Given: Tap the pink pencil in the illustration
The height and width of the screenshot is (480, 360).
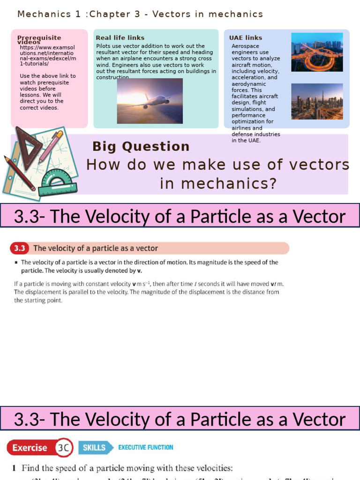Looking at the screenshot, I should (x=51, y=146).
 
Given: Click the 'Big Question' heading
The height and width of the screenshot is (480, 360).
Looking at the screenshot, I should (x=141, y=147).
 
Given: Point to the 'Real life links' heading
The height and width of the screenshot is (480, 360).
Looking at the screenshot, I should (x=120, y=38).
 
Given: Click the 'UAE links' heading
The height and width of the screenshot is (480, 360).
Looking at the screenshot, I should (x=246, y=38).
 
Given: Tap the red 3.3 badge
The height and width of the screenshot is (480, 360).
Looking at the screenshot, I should (x=21, y=248).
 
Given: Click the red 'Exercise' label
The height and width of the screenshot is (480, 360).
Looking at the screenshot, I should (x=30, y=448).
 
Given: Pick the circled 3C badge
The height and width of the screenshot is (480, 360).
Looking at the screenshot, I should (x=63, y=448).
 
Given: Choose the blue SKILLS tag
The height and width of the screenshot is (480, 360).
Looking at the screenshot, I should (x=95, y=448).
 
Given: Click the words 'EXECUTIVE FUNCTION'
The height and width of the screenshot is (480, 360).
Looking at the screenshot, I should (x=145, y=448).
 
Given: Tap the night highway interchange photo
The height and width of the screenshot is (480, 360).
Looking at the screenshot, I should (x=317, y=52).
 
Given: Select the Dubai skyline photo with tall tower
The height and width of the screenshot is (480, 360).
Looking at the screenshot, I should (x=317, y=101).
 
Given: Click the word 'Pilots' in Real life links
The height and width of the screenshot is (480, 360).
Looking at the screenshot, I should (x=104, y=46).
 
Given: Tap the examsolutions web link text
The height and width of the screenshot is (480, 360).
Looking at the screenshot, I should (x=47, y=54).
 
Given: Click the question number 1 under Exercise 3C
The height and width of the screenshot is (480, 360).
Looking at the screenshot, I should (x=15, y=468).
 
